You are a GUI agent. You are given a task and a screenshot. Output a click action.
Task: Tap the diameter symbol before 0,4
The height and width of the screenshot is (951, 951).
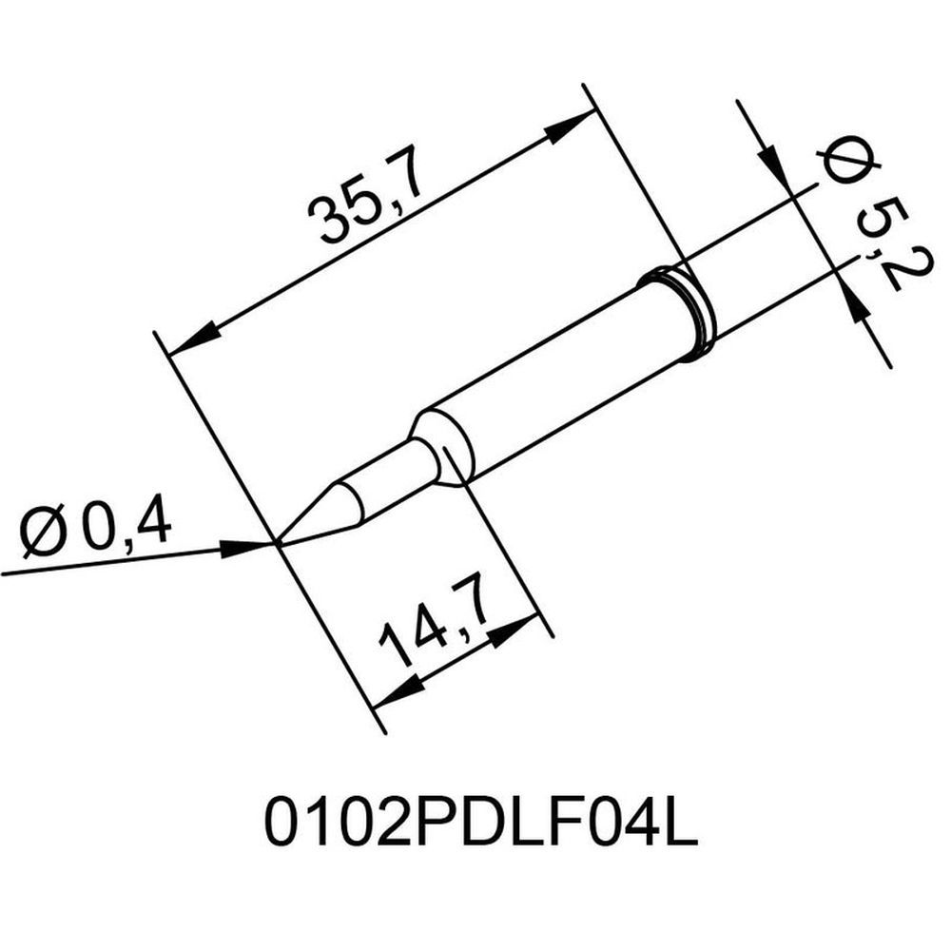coord(44,534)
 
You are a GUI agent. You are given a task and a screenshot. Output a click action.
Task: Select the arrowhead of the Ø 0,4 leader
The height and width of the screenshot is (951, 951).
coord(249,547)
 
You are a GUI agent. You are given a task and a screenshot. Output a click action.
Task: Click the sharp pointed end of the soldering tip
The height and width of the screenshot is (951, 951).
coord(277,543)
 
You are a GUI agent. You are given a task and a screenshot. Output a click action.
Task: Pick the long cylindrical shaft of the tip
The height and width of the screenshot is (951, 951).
coord(561,376)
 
